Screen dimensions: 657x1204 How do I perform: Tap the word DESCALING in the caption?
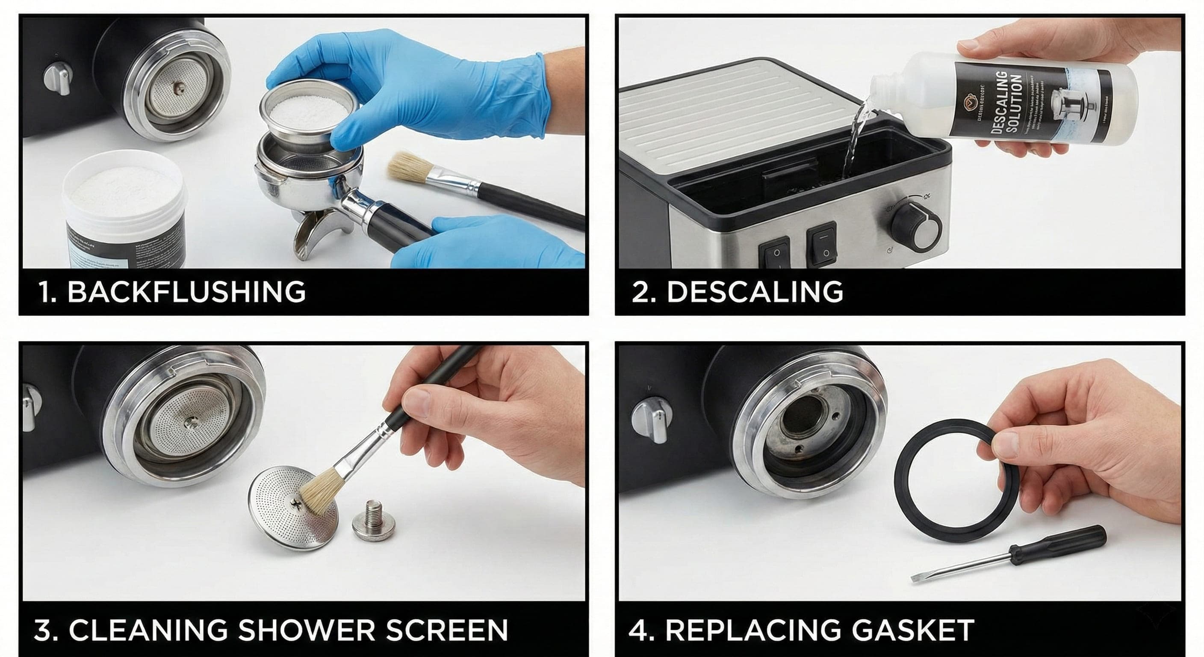pyautogui.click(x=754, y=292)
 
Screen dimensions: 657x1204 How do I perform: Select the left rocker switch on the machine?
pyautogui.click(x=776, y=252)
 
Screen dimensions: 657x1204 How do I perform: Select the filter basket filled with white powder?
pyautogui.click(x=306, y=110)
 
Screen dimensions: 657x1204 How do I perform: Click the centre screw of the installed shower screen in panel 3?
pyautogui.click(x=190, y=422)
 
